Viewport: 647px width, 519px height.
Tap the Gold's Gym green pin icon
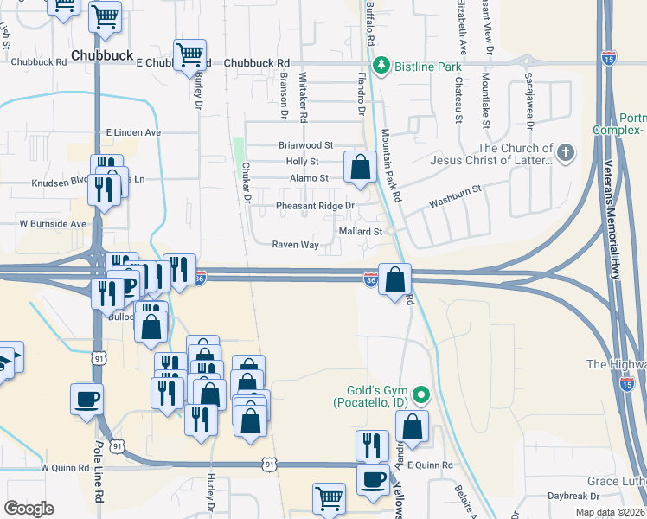click(x=421, y=396)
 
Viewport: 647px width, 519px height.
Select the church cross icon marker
click(x=566, y=153)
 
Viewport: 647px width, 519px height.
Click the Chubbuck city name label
click(x=102, y=54)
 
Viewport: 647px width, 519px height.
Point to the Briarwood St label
click(x=305, y=145)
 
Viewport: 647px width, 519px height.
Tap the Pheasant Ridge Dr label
click(x=315, y=206)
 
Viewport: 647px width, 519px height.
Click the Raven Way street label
click(x=296, y=245)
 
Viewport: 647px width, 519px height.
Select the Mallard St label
click(x=362, y=232)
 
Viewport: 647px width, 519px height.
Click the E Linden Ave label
click(x=133, y=132)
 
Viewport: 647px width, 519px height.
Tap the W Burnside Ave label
click(x=53, y=223)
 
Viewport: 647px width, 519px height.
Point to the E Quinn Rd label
click(x=430, y=465)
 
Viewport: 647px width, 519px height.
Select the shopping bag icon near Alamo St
click(x=360, y=166)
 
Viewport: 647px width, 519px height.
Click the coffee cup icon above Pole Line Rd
click(x=87, y=399)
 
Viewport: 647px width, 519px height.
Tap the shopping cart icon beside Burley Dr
click(x=190, y=55)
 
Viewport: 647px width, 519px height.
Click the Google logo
click(x=29, y=509)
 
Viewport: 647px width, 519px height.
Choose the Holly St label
click(x=302, y=162)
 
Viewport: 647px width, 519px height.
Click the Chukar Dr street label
click(x=246, y=183)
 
